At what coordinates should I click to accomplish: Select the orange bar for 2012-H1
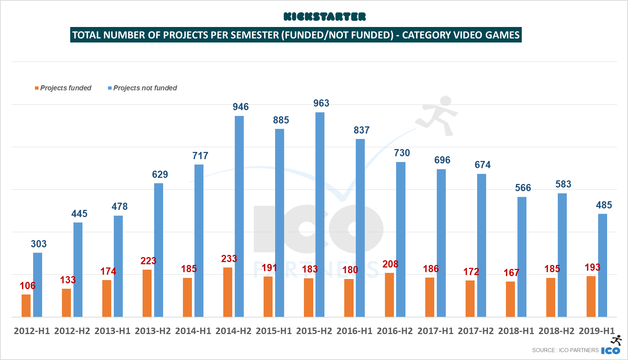coord(26,306)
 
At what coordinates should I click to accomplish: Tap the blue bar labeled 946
coord(239,216)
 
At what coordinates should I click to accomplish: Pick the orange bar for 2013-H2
coord(147,293)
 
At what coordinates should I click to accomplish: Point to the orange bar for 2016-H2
coord(389,295)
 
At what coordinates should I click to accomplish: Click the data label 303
coord(39,244)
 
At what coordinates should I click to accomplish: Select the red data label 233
coord(229,258)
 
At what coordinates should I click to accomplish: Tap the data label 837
coord(362,130)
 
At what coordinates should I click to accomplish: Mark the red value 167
coord(511,273)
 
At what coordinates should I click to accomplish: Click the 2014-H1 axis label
coord(193,331)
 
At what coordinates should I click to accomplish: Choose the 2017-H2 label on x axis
coord(476,331)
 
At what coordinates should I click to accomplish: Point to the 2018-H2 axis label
coord(556,331)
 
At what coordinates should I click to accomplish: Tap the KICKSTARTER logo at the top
coord(324,17)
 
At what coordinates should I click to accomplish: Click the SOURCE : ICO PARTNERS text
coord(565,350)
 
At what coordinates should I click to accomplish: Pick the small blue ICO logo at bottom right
coord(611,350)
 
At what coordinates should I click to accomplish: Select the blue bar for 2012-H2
coord(78,270)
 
